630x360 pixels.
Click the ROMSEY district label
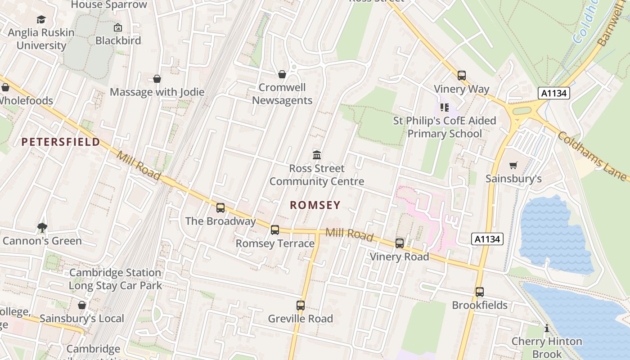(315, 205)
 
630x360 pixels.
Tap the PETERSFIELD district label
(61, 142)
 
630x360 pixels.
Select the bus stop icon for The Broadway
(220, 207)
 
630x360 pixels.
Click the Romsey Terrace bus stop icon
(275, 230)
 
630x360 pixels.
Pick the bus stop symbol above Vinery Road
(400, 243)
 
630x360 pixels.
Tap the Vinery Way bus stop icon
(462, 76)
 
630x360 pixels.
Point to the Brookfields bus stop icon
(480, 292)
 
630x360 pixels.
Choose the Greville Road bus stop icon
(301, 305)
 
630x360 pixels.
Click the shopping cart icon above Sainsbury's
(513, 166)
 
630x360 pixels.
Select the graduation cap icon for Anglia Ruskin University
(41, 19)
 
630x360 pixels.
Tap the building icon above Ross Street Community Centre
(317, 155)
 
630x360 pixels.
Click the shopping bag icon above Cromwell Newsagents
(282, 74)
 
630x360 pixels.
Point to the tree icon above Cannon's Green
(42, 228)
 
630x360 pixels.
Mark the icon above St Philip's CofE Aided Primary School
(445, 108)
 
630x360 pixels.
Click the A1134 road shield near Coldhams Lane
(554, 93)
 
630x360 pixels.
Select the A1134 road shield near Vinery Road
(487, 239)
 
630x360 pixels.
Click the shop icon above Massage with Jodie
(157, 79)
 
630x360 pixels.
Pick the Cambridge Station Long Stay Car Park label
(115, 279)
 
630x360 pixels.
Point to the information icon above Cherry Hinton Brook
(547, 328)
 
